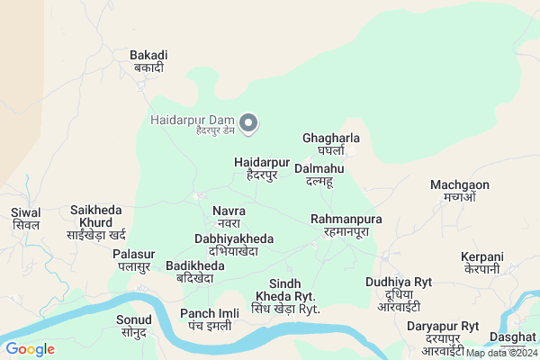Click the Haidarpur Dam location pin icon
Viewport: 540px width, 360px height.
click(x=251, y=123)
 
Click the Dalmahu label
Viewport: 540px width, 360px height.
click(x=319, y=175)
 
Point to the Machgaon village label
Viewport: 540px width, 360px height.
click(x=459, y=191)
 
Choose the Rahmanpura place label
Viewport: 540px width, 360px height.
click(x=346, y=225)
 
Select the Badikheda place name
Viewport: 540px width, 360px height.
click(x=194, y=272)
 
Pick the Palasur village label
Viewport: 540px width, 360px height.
click(x=134, y=260)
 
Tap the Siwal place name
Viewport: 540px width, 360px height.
click(x=26, y=219)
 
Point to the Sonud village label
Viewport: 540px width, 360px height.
click(x=133, y=326)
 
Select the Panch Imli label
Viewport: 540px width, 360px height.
click(x=209, y=319)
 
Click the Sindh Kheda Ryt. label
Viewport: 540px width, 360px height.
click(x=285, y=296)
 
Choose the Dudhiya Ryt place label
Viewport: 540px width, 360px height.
click(x=399, y=288)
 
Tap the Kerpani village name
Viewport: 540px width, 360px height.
click(x=481, y=263)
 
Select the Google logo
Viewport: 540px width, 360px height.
click(x=30, y=348)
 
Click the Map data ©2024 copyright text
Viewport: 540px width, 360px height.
click(x=501, y=353)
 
